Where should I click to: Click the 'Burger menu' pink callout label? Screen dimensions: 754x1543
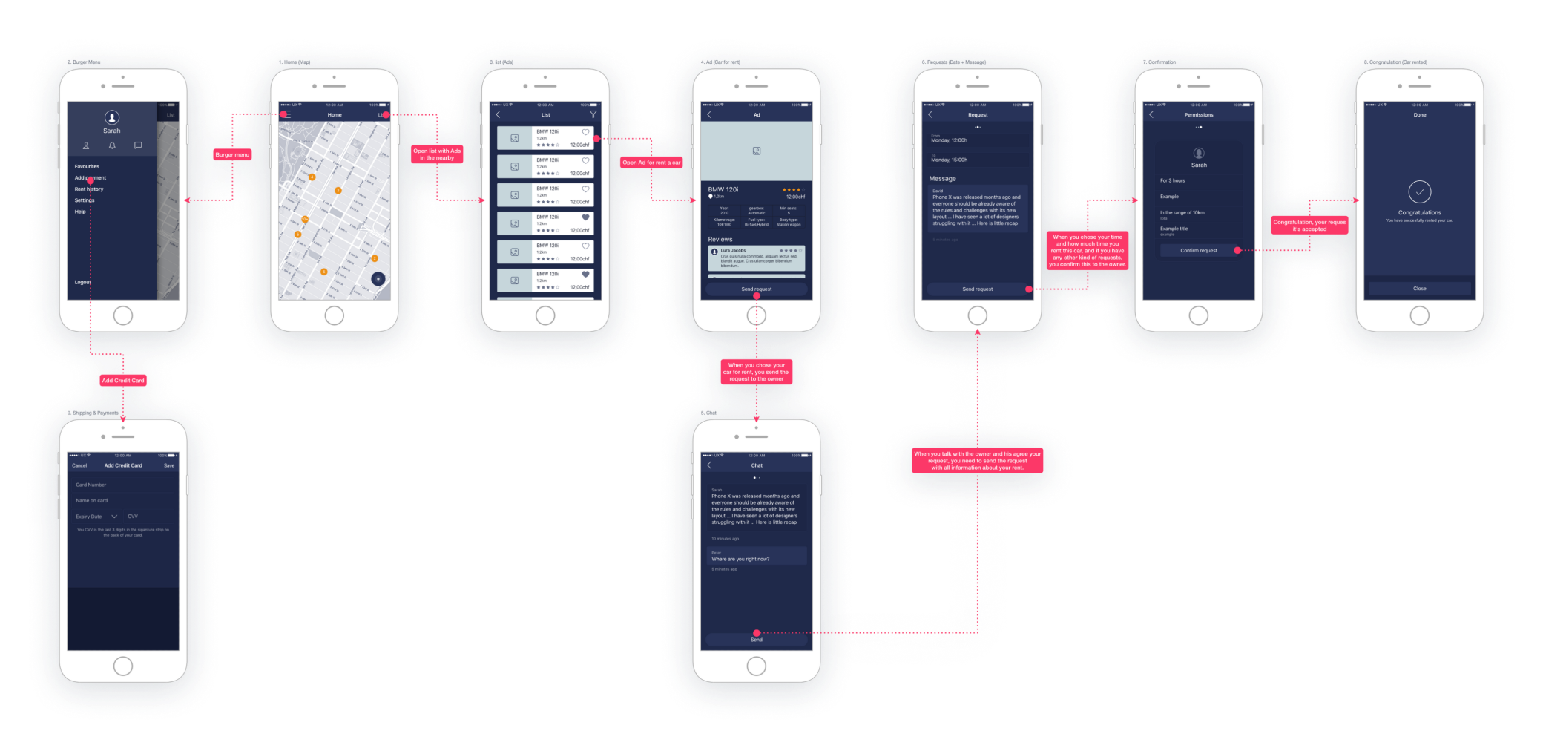[x=232, y=154]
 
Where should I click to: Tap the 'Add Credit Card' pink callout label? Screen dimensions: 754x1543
[x=123, y=380]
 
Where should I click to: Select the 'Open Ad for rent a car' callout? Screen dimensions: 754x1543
[x=651, y=163]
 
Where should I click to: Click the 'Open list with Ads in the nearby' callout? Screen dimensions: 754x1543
[x=437, y=154]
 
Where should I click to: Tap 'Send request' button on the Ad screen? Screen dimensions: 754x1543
[x=756, y=289]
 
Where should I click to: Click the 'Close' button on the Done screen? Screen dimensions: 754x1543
[x=1419, y=289]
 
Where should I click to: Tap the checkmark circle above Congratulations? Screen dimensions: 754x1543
[x=1419, y=191]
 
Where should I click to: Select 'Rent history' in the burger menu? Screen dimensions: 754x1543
[x=89, y=189]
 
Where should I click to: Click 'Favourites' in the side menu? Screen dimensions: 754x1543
[x=87, y=166]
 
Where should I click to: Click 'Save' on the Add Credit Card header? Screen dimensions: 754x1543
[x=169, y=465]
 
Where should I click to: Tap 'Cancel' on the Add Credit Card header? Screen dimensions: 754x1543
[x=79, y=465]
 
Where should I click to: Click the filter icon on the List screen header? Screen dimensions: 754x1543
[x=593, y=115]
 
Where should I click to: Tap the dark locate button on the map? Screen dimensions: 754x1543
[x=378, y=278]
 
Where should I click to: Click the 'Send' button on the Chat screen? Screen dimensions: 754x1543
[x=756, y=639]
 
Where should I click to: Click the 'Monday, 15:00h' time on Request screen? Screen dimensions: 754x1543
[x=950, y=160]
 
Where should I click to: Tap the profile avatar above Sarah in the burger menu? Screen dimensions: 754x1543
[x=112, y=117]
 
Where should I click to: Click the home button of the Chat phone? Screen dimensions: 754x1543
[x=756, y=666]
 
